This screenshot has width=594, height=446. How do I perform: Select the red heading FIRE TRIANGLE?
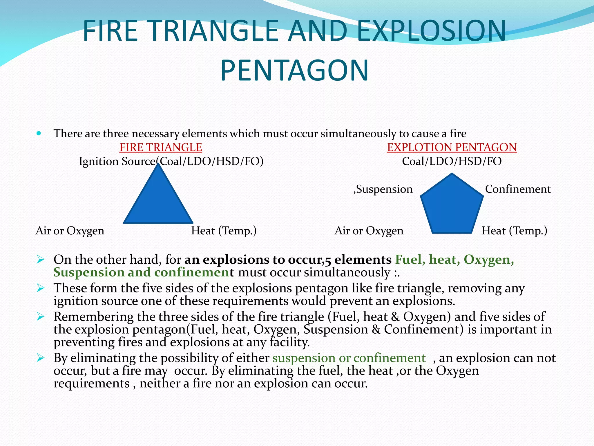(161, 148)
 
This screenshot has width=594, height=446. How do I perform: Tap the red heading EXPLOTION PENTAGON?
(452, 148)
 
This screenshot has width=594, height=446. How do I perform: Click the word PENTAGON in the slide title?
(294, 71)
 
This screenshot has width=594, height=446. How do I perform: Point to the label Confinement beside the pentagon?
(518, 189)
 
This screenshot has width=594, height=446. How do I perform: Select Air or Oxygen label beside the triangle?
(70, 231)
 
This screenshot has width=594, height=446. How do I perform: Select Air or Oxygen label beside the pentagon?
(369, 231)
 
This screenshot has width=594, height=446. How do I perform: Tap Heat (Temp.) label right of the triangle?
(224, 231)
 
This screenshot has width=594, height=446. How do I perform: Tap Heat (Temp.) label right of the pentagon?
(514, 231)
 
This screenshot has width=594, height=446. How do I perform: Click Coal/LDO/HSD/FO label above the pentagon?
(452, 161)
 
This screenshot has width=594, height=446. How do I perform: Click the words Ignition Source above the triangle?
(117, 161)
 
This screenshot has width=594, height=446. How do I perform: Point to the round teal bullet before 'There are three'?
(39, 134)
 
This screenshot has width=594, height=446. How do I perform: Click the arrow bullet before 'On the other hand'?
(40, 259)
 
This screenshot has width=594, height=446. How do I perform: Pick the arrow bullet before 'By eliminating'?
(40, 358)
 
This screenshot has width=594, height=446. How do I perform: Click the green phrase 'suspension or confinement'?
(349, 358)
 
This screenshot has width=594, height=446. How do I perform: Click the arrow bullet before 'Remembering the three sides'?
(40, 316)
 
